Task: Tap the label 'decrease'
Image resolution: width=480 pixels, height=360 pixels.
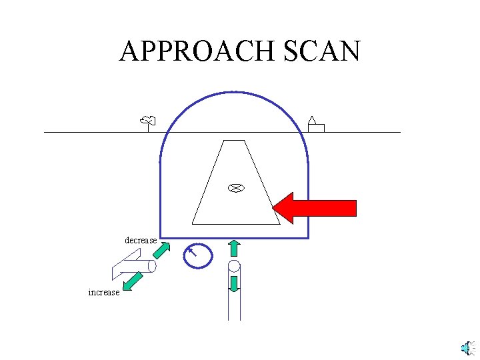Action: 141,240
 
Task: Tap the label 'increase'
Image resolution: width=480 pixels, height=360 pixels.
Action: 104,292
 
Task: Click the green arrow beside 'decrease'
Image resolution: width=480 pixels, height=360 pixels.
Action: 161,251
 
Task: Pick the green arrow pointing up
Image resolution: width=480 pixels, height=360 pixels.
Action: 234,248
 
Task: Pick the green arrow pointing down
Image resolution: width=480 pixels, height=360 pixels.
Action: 234,283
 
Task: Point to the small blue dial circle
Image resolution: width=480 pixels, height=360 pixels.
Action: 198,255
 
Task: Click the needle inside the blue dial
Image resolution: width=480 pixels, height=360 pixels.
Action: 193,251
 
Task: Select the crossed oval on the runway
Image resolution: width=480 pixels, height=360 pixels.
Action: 234,188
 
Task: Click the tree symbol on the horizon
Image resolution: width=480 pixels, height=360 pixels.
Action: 148,121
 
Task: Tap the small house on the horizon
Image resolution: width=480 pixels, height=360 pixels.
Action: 315,125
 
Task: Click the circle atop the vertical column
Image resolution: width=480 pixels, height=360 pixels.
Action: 234,267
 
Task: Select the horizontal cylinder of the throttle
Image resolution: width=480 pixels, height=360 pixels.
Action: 142,267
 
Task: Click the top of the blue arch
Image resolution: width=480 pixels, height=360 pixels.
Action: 233,91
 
